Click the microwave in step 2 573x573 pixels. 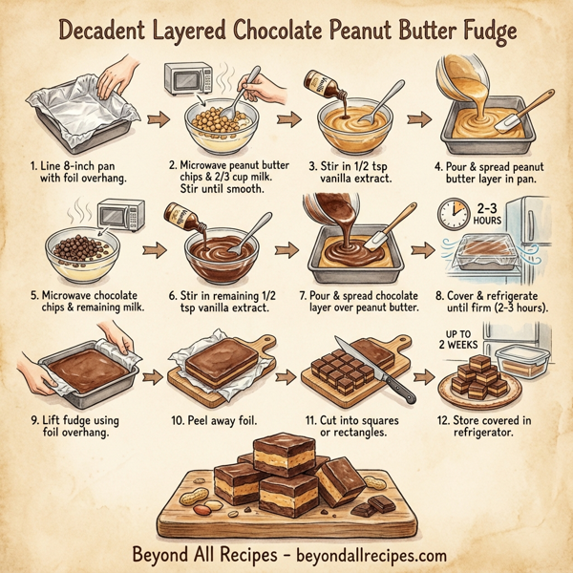click(189, 79)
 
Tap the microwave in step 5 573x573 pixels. click(120, 212)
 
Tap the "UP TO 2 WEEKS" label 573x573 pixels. click(460, 339)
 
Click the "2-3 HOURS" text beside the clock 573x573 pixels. click(485, 214)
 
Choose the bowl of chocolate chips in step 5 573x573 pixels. click(85, 250)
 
